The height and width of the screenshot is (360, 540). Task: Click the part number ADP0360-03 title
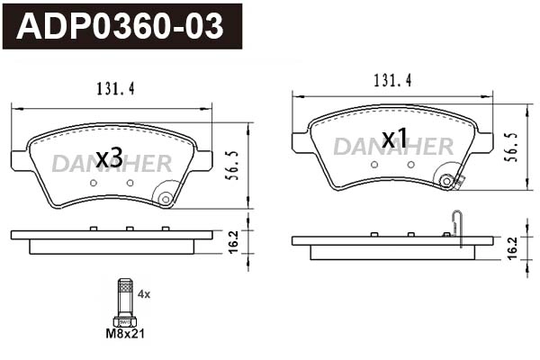click(x=120, y=26)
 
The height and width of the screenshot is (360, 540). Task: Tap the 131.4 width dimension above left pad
click(x=115, y=89)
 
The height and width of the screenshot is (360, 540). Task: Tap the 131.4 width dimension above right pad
click(x=393, y=81)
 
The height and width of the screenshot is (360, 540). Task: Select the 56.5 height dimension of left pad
click(x=232, y=165)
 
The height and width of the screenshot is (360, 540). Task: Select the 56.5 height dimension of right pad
click(x=511, y=147)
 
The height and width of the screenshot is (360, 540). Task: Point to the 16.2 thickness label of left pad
click(x=233, y=242)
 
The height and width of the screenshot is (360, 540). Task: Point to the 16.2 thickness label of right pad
click(x=512, y=248)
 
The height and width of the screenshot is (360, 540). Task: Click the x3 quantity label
click(x=109, y=158)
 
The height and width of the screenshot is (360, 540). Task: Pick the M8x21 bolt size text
click(x=125, y=334)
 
